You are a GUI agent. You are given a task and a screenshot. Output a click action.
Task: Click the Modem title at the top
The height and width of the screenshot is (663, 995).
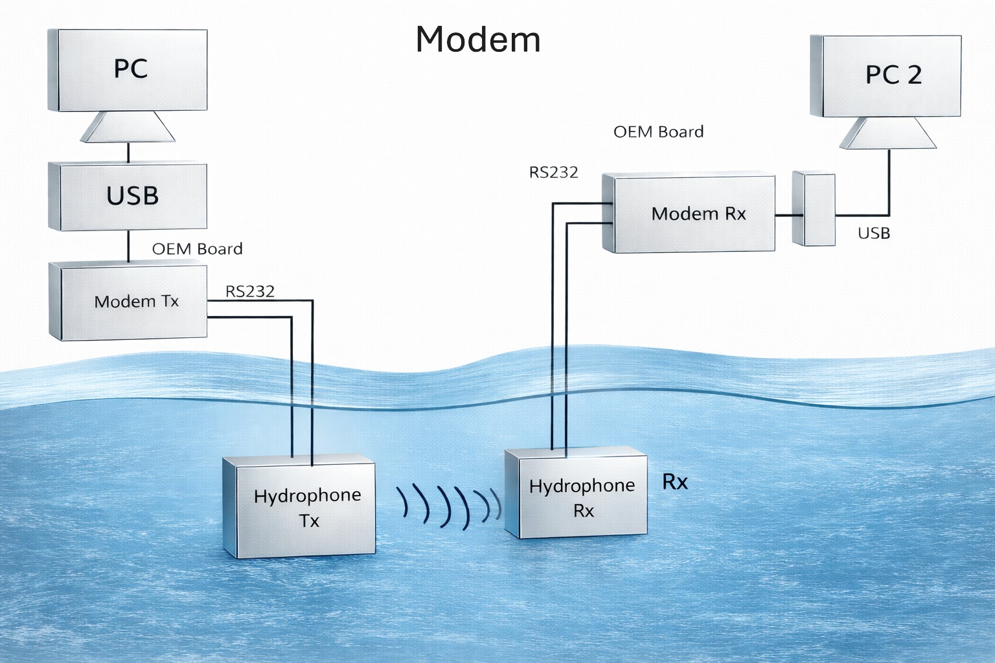(x=478, y=39)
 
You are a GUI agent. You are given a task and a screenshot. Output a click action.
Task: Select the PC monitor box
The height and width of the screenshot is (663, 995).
(x=130, y=70)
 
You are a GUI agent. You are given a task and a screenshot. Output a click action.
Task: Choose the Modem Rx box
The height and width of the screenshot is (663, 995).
(x=691, y=214)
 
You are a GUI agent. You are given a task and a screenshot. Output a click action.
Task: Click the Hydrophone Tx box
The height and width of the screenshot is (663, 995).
(x=301, y=508)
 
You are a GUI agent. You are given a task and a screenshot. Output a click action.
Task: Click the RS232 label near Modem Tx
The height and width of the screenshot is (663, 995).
(x=250, y=292)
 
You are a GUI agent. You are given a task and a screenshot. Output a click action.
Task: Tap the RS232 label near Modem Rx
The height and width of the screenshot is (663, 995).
(x=553, y=172)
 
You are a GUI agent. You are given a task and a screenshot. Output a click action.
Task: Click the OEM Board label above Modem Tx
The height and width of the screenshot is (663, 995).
(x=197, y=249)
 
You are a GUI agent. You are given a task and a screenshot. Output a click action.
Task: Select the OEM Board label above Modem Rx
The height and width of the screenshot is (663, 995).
(x=658, y=132)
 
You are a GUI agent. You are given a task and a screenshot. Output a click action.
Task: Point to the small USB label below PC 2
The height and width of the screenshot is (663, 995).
(x=874, y=234)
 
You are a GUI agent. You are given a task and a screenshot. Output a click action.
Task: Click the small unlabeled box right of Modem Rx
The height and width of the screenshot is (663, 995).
(x=814, y=208)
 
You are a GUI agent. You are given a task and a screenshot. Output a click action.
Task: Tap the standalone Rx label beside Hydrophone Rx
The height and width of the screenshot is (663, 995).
(x=675, y=482)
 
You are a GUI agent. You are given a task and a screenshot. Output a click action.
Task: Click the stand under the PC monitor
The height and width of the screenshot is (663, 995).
(x=128, y=127)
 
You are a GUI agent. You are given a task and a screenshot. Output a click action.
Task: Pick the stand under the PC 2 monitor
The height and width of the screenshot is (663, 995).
(x=888, y=133)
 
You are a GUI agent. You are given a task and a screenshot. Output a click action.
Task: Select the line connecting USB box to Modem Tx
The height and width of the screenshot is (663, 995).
(x=128, y=246)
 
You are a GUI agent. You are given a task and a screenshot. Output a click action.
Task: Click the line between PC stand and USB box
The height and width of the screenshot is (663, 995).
(x=128, y=153)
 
